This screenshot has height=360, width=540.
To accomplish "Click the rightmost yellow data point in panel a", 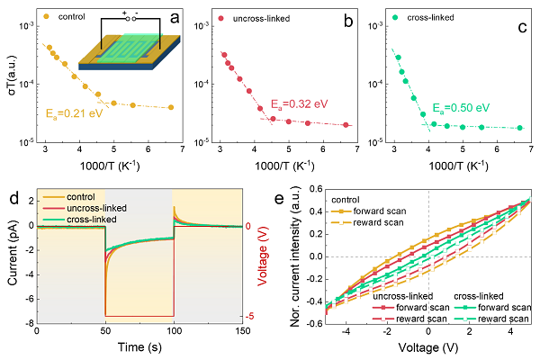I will pyautogui.click(x=171, y=107).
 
